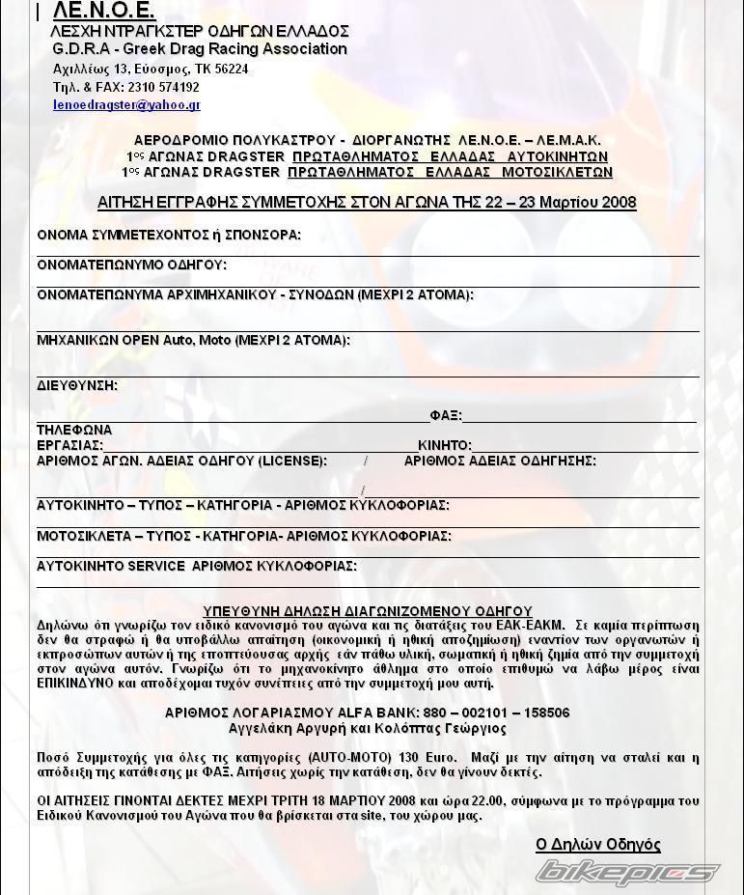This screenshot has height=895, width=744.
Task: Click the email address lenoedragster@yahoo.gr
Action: pyautogui.click(x=126, y=105)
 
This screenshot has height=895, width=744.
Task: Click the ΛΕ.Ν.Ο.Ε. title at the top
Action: pyautogui.click(x=103, y=11)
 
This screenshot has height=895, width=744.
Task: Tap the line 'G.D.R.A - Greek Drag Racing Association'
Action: pyautogui.click(x=200, y=49)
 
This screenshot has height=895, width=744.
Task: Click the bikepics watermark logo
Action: pyautogui.click(x=627, y=872)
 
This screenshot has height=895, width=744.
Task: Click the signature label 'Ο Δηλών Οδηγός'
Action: pyautogui.click(x=597, y=845)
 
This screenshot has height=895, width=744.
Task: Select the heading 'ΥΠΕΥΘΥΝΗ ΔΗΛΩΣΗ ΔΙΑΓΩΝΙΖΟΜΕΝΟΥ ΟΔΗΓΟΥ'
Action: pyautogui.click(x=368, y=611)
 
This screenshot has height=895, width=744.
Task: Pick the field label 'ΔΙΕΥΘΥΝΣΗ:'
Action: pyautogui.click(x=77, y=386)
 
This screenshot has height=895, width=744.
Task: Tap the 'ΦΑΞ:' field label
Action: pyautogui.click(x=446, y=416)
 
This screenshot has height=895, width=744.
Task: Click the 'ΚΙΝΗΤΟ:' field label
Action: pyautogui.click(x=445, y=445)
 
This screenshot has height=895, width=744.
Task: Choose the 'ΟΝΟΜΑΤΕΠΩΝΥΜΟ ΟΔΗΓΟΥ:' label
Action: pyautogui.click(x=131, y=266)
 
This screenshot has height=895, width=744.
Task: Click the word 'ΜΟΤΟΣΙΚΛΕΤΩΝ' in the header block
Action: pyautogui.click(x=557, y=173)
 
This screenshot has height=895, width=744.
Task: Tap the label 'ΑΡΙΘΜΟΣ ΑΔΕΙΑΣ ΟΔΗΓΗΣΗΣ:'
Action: pyautogui.click(x=500, y=461)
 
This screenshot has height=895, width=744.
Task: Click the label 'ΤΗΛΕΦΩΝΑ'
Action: pyautogui.click(x=74, y=430)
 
